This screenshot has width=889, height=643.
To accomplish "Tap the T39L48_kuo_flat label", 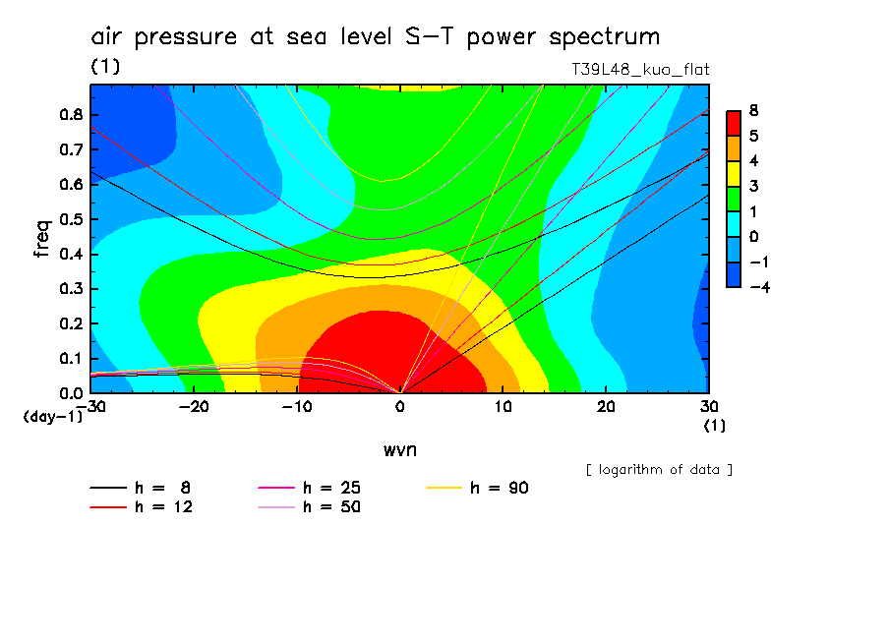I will click(x=640, y=70).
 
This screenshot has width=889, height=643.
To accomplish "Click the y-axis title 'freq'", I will click(x=40, y=238).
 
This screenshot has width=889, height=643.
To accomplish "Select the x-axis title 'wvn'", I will click(x=399, y=449).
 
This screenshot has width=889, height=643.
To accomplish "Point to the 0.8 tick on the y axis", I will click(x=70, y=114).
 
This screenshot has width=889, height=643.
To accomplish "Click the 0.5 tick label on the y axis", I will click(x=70, y=219).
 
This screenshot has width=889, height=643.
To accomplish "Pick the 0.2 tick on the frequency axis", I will click(x=70, y=323).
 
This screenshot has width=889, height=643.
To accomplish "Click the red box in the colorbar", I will click(x=734, y=122).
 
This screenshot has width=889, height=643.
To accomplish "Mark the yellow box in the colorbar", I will click(x=734, y=173).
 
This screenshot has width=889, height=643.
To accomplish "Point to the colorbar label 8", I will click(x=753, y=110).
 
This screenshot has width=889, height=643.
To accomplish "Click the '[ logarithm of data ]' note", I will click(x=659, y=469).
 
